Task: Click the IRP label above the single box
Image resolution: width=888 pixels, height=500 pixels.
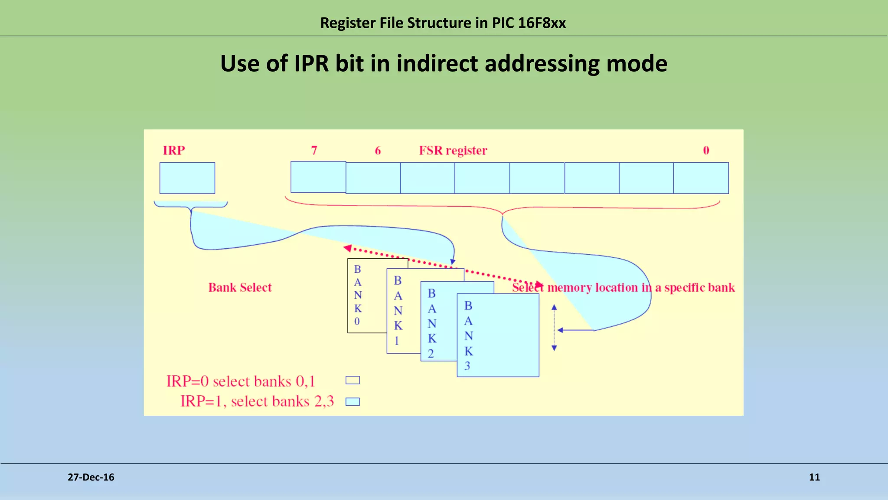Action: [174, 150]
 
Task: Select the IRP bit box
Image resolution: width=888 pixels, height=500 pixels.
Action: [187, 178]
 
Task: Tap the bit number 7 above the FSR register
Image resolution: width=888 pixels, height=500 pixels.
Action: [314, 150]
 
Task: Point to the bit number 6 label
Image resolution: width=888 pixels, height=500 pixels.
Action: [378, 150]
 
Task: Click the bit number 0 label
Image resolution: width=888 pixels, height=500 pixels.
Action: [706, 150]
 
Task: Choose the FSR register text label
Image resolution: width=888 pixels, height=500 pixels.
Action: [453, 151]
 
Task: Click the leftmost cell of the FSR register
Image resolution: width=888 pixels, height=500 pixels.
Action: [318, 177]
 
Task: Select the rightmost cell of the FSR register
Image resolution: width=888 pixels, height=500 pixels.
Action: [701, 178]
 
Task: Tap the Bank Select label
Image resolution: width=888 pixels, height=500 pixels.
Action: [240, 287]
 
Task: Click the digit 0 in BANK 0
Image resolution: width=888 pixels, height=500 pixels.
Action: [357, 322]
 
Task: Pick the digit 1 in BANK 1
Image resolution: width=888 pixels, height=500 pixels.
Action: [397, 341]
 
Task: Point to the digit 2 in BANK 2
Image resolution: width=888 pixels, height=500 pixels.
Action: [431, 354]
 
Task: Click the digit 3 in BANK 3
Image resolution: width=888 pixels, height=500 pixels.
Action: [467, 366]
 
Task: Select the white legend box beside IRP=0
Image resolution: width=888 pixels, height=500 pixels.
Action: [353, 380]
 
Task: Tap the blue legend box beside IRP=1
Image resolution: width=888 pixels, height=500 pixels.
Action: [353, 401]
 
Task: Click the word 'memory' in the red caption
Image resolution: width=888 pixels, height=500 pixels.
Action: [570, 288]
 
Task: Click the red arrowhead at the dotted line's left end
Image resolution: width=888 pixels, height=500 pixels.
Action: [347, 248]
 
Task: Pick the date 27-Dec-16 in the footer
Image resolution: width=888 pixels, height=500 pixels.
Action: [91, 477]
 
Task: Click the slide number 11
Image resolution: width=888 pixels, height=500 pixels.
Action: [814, 477]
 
